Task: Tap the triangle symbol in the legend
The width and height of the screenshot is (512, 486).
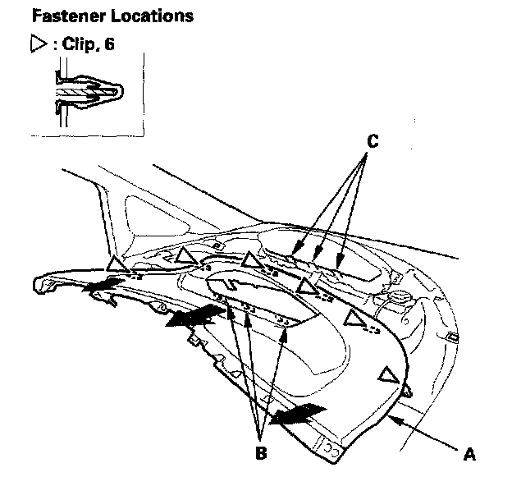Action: click(36, 44)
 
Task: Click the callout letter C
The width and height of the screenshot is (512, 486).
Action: click(373, 141)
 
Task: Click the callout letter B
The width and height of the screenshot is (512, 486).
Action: click(260, 451)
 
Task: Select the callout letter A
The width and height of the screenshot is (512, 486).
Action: click(469, 451)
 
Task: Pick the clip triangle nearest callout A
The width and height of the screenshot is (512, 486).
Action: click(386, 376)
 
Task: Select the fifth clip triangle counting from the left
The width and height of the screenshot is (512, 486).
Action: click(355, 318)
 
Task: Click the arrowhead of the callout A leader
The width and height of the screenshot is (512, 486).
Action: click(395, 417)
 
